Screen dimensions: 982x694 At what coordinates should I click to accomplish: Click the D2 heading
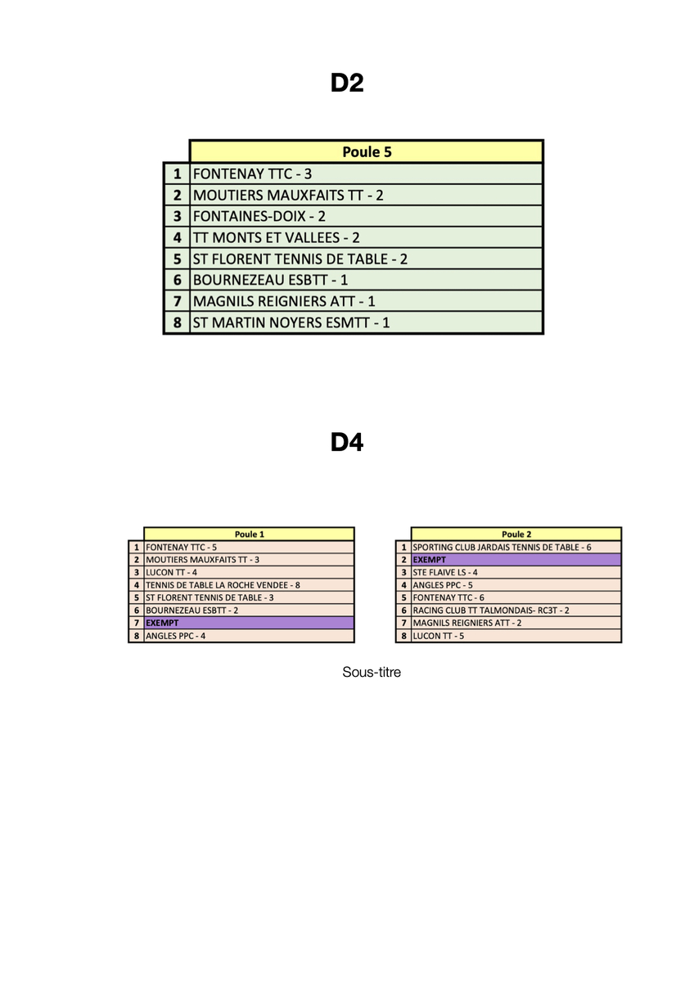pos(347,83)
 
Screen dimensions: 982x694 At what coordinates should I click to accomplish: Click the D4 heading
pos(347,443)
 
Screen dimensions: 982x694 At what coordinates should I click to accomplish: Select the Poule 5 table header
pos(366,151)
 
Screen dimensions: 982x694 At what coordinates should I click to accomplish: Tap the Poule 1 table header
pos(249,534)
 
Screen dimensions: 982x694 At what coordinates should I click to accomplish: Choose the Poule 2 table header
pos(516,534)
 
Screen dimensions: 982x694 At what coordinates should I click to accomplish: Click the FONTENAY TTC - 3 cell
pos(252,173)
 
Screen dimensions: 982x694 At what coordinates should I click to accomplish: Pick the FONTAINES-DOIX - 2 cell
pos(259,216)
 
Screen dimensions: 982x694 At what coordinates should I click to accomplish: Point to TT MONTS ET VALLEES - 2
pos(277,237)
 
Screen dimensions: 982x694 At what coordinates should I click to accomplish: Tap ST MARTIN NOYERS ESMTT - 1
pos(291,322)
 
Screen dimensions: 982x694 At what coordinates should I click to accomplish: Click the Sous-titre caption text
pos(372,673)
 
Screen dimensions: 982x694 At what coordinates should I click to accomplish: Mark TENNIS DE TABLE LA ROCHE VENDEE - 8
pos(223,585)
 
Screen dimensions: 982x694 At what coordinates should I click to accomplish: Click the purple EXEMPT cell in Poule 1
pos(249,623)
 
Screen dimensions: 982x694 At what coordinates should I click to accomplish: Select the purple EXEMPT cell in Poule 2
pos(516,559)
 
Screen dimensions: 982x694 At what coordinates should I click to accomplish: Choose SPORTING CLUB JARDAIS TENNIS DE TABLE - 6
pos(502,547)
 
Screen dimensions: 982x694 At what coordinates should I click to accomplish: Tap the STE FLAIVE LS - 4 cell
pos(445,572)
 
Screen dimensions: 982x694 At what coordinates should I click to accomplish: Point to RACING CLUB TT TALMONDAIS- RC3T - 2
pos(491,610)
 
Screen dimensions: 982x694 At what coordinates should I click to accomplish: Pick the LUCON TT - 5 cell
pos(439,636)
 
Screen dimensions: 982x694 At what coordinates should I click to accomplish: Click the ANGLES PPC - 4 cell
pos(175,636)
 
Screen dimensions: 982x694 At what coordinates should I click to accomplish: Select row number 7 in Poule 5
pos(177,301)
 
